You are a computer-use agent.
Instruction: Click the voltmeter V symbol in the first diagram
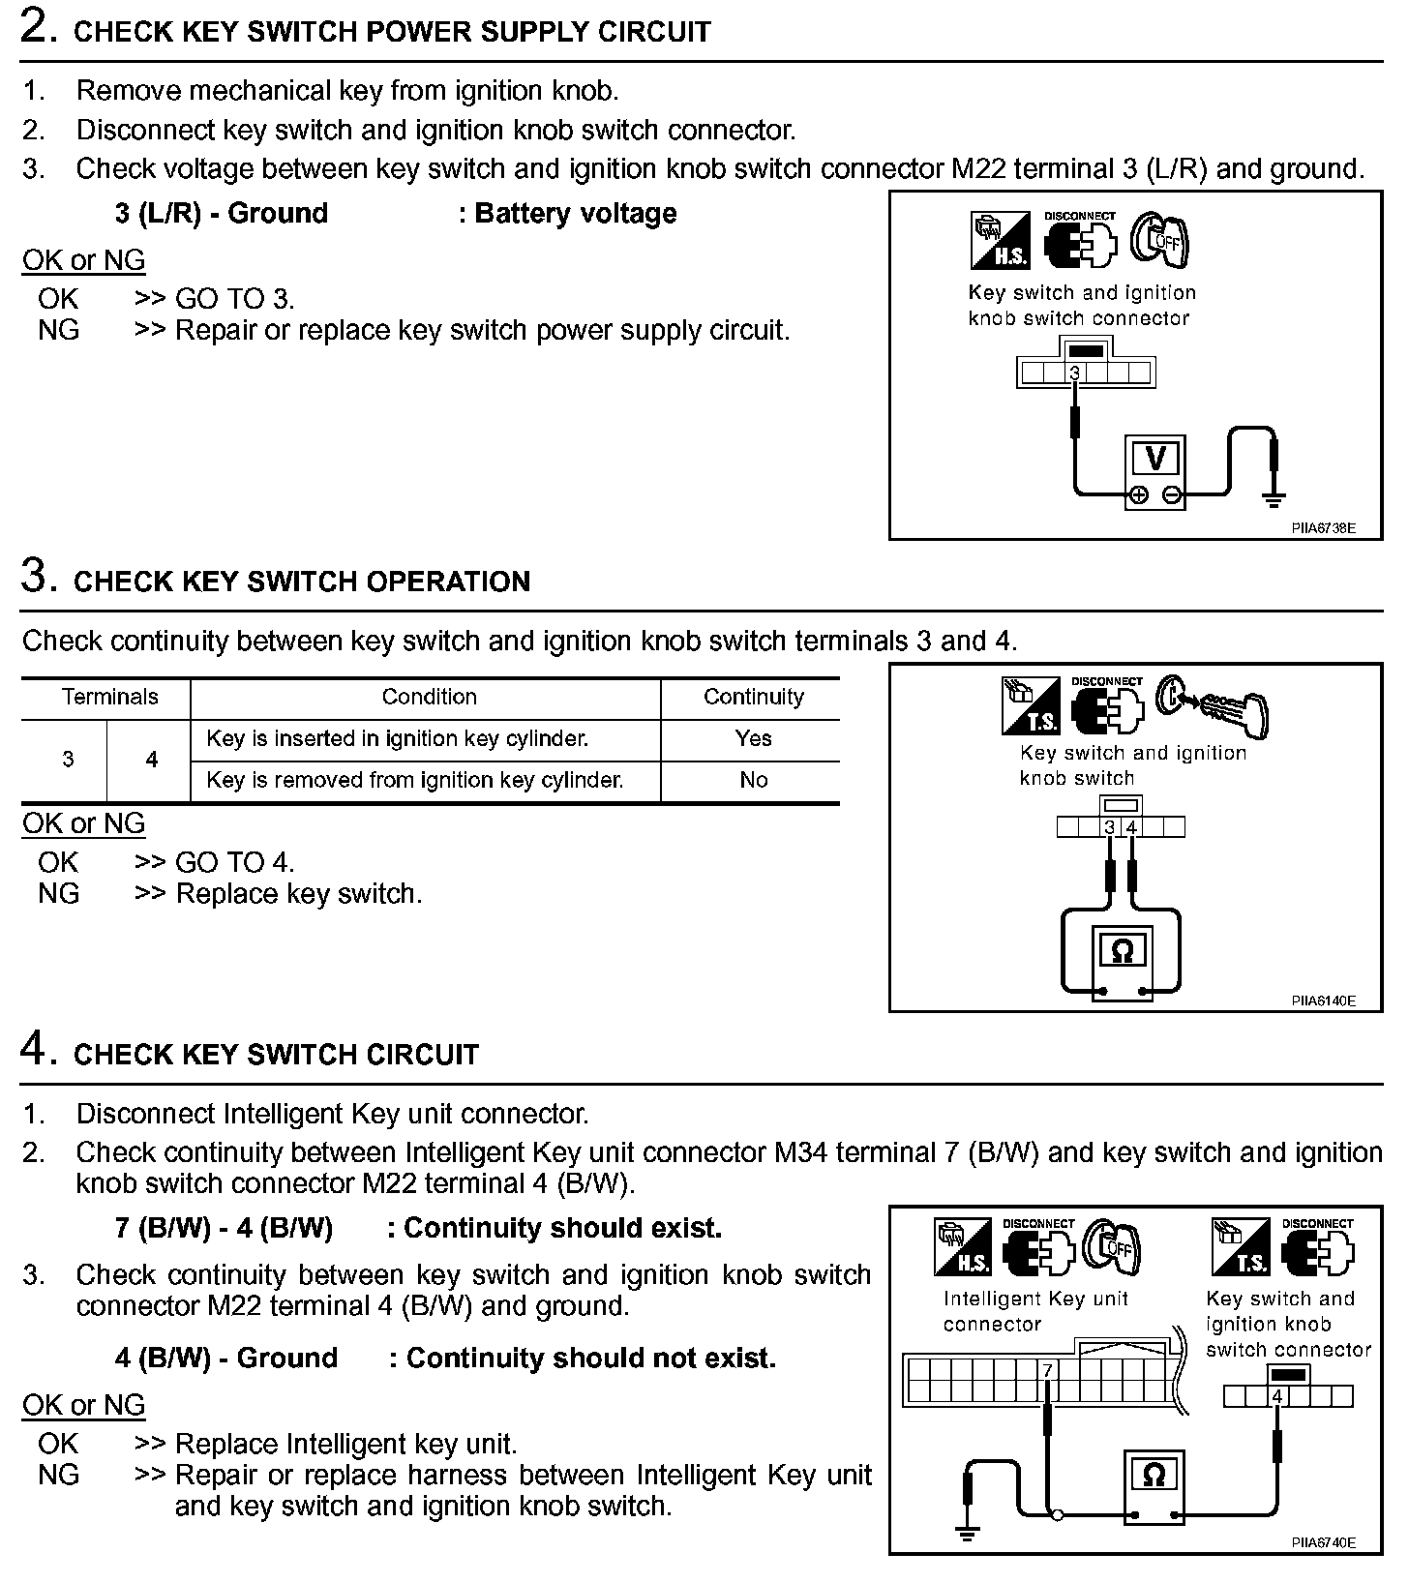point(1154,458)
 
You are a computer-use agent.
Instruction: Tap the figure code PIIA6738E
point(1323,528)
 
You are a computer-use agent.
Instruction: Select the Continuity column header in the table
point(753,697)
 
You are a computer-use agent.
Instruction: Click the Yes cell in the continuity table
point(753,738)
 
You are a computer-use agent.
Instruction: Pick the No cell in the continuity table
point(753,780)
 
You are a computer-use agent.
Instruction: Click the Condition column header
point(429,697)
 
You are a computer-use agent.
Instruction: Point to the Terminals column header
point(109,697)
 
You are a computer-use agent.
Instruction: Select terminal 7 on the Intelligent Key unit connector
point(1046,1371)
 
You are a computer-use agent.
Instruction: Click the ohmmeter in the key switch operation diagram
point(1122,952)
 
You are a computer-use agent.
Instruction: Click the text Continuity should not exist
point(590,1359)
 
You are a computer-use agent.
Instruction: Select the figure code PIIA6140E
point(1323,1001)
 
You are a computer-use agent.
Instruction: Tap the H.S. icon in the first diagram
point(1000,241)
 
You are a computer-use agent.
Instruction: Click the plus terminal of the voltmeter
point(1139,495)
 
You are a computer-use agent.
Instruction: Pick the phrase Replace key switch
point(299,893)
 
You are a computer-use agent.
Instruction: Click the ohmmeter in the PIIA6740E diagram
point(1154,1478)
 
